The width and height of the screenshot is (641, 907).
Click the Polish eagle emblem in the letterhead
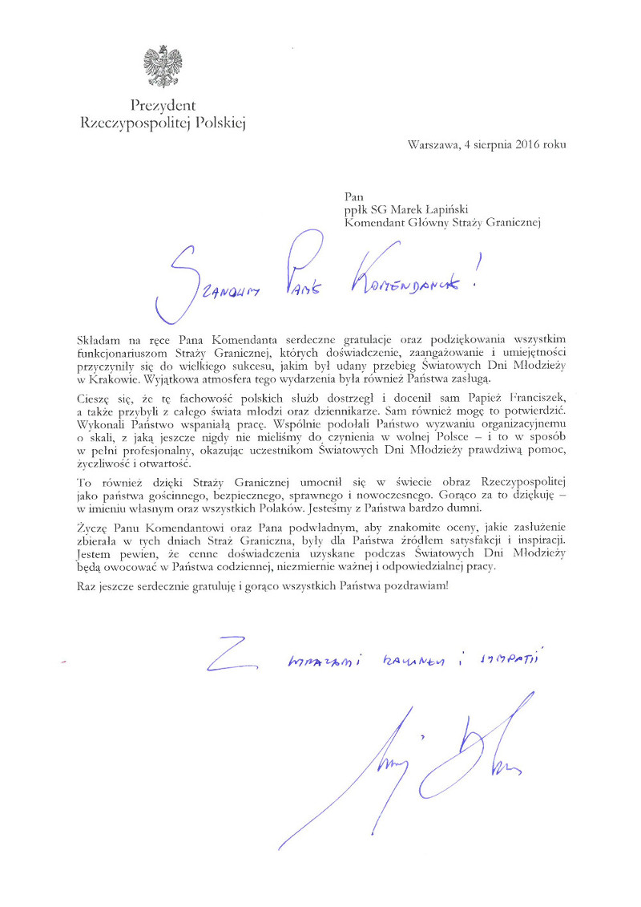click(163, 67)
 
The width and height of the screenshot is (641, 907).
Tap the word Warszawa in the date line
click(433, 145)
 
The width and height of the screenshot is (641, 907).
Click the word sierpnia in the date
click(488, 145)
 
